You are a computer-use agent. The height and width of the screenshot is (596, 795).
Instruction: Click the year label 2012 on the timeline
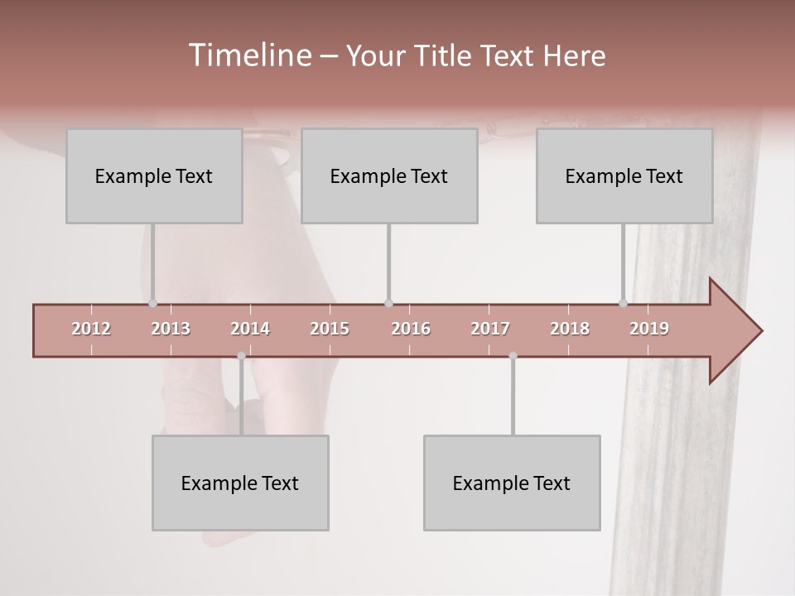click(x=91, y=329)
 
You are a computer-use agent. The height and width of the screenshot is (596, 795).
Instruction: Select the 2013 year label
click(x=171, y=329)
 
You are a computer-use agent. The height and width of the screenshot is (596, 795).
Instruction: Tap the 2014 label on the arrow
click(x=250, y=329)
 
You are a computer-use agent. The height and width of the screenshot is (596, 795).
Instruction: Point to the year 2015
click(x=330, y=329)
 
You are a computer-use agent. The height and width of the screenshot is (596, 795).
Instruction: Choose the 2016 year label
click(x=411, y=329)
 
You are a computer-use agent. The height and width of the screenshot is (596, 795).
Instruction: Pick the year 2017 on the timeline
click(x=490, y=329)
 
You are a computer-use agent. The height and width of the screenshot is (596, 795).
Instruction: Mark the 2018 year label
click(x=570, y=329)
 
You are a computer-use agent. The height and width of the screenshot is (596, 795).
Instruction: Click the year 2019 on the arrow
click(x=649, y=329)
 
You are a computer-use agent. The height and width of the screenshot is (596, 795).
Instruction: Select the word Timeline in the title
click(x=249, y=55)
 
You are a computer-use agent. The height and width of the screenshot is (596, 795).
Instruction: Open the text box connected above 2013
click(x=154, y=175)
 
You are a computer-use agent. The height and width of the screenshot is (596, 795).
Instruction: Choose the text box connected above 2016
click(x=389, y=175)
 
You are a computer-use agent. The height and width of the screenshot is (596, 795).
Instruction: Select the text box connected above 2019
click(x=624, y=175)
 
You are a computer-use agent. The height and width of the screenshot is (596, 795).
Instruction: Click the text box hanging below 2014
click(x=240, y=483)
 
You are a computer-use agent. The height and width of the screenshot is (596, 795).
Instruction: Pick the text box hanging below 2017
click(x=512, y=483)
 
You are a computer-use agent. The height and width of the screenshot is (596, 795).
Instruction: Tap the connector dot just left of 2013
click(x=152, y=303)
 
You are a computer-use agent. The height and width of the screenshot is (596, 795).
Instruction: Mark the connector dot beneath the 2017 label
click(x=513, y=356)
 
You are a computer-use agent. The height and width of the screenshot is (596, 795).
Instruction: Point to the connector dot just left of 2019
click(x=623, y=303)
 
